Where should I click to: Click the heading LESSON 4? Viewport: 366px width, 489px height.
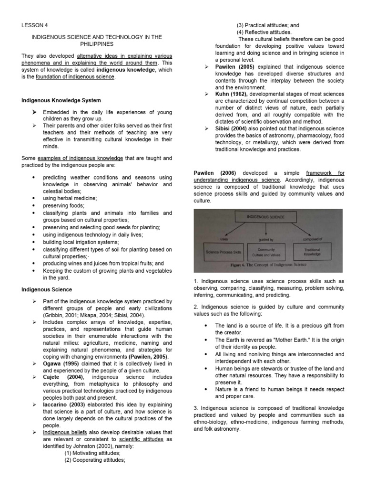tap(35, 25)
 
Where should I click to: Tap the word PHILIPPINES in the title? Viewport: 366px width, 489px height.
tap(96, 43)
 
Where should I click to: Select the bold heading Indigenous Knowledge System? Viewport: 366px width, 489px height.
tap(61, 100)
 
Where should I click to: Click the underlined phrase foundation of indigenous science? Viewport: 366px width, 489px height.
tap(75, 77)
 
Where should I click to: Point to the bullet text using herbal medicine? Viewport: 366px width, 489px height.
tap(70, 198)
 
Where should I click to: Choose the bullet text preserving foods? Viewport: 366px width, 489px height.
tap(65, 205)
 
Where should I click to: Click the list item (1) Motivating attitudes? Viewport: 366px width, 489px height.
tap(92, 453)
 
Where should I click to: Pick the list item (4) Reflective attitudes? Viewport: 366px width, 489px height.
tap(264, 32)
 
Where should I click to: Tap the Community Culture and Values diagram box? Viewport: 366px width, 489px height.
tap(266, 252)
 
